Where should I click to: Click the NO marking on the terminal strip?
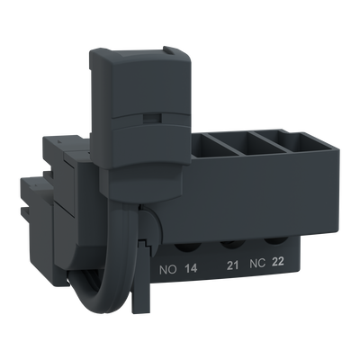coord(168,270)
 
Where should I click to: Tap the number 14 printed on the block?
coord(191,268)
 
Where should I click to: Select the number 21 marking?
coord(232,265)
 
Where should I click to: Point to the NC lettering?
coord(257,264)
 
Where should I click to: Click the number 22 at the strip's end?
coord(277,262)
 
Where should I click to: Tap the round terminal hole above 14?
coord(188,247)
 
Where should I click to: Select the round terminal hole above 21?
coord(231,244)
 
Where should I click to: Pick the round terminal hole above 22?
coord(274,241)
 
